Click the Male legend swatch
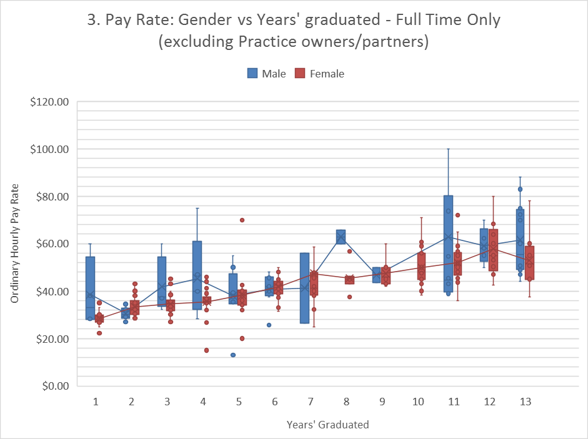pos(252,73)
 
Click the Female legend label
pos(327,74)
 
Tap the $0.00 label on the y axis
pos(52,387)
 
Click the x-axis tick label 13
pos(525,402)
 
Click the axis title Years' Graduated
pos(327,425)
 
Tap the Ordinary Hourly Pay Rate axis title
pos(14,244)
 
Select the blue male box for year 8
pos(341,237)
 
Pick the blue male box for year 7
pos(304,288)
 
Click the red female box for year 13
pos(530,263)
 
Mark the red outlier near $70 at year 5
pos(242,220)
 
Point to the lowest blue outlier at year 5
pos(233,355)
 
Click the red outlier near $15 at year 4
pos(206,350)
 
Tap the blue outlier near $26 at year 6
pos(269,325)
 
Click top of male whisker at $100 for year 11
pos(448,149)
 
